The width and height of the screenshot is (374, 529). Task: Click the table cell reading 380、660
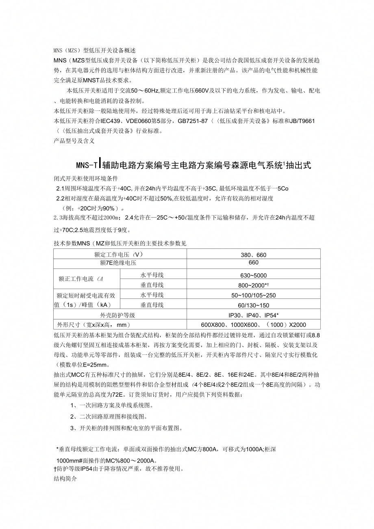point(253,255)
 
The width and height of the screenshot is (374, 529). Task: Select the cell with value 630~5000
point(253,276)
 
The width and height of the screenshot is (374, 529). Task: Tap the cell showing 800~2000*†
point(253,285)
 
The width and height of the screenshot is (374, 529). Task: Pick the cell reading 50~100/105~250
point(253,296)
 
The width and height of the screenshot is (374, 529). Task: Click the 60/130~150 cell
point(253,305)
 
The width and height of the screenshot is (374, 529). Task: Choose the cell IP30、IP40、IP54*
point(253,315)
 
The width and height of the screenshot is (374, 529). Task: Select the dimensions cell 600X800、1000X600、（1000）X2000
point(253,325)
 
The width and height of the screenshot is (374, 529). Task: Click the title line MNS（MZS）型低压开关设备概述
point(94,51)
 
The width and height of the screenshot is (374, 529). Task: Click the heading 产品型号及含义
point(74,140)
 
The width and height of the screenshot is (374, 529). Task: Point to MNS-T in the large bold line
point(87,166)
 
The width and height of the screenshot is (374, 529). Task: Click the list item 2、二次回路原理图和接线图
point(109,417)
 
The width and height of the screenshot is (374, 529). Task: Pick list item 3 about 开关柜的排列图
point(126,428)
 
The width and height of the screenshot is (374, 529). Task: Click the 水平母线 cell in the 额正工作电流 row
point(152,275)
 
